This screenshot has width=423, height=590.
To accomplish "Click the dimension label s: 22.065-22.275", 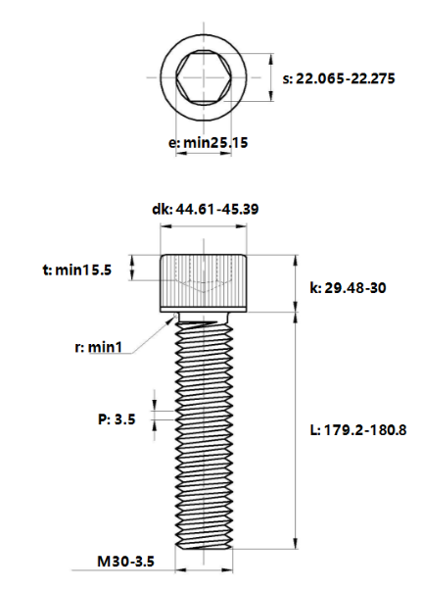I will point(339,77).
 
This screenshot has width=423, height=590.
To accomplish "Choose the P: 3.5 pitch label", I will point(117,418).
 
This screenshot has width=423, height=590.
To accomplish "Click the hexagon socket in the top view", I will point(205,76).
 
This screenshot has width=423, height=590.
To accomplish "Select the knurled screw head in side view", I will point(205,282).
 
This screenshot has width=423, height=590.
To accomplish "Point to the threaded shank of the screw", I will point(205,431).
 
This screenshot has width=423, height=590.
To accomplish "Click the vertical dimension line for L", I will point(296,431).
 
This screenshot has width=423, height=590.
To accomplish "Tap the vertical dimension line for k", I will point(296,283).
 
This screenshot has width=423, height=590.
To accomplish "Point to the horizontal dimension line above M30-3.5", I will point(205,568).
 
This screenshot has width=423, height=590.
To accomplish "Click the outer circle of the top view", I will point(162,76).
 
